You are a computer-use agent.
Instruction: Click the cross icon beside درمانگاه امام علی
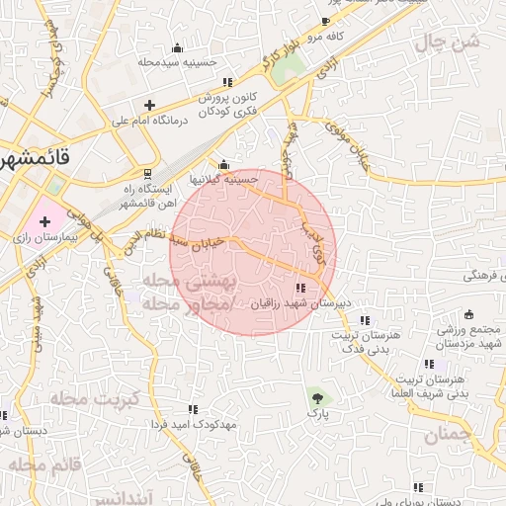click(149, 104)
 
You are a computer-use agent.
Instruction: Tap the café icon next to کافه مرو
click(326, 22)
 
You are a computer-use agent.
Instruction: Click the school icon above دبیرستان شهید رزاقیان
click(300, 289)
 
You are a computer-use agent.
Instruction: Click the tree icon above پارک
click(316, 398)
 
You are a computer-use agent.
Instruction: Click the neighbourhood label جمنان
click(450, 435)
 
